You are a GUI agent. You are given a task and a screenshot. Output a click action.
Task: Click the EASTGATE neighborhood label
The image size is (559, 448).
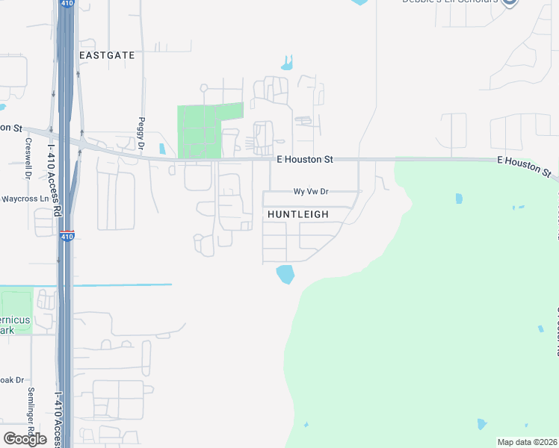coord(107,55)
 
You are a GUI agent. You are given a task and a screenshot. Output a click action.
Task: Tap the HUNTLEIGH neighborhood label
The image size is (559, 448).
coord(298,214)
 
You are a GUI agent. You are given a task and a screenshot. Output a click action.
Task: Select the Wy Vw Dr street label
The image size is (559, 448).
coord(311,191)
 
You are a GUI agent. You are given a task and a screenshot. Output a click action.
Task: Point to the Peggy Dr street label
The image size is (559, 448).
coord(141,131)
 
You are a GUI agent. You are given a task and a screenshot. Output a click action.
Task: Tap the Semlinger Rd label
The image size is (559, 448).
coord(31,423)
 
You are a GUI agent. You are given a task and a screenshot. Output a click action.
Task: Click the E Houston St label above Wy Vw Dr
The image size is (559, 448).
coord(305,159)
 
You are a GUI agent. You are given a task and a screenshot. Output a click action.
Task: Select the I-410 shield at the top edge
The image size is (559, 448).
coord(67,3)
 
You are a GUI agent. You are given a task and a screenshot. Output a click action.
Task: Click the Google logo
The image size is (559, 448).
coord(25,439)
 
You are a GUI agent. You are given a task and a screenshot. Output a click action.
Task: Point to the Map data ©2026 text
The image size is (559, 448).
coord(527,442)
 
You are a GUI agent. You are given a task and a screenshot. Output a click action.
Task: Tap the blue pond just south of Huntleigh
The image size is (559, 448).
coord(285,275)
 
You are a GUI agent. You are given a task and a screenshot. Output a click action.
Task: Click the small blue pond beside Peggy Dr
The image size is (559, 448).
coord(162,148)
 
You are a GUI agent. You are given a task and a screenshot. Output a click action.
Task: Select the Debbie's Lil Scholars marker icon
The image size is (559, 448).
coord(510,2)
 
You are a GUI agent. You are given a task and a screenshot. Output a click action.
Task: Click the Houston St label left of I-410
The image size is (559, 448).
coord(11,128)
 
